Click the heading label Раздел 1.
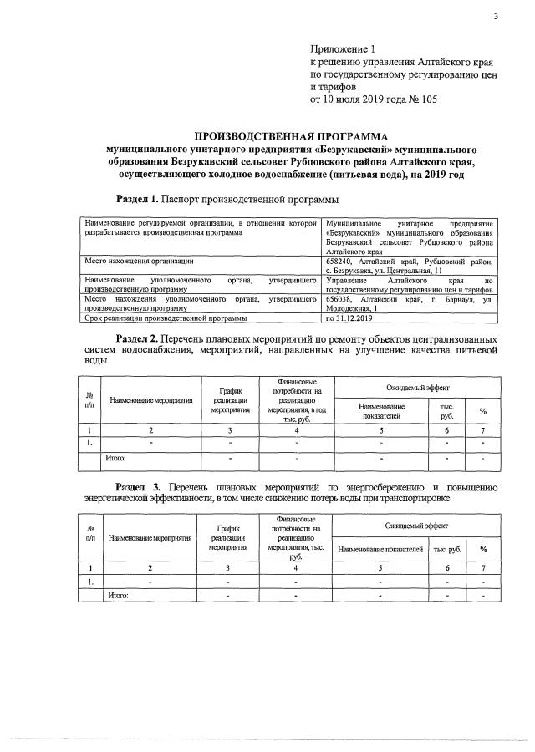(135, 199)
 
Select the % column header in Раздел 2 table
(482, 410)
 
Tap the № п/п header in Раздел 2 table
(89, 399)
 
